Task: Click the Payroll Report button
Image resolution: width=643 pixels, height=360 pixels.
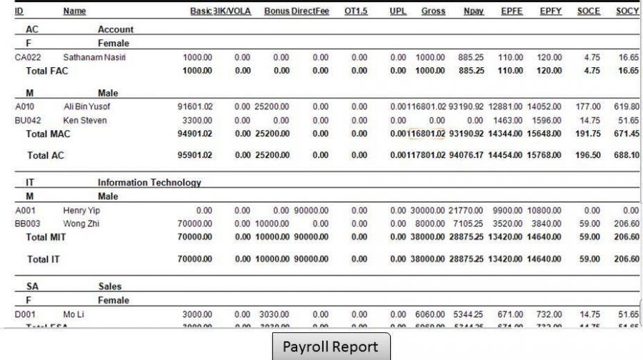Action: (331, 346)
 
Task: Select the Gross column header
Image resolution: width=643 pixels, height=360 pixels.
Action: (433, 11)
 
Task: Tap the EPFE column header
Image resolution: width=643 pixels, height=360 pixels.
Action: (512, 11)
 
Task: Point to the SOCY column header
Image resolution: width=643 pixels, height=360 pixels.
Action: (627, 11)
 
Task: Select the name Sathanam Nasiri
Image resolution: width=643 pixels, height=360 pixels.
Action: (94, 57)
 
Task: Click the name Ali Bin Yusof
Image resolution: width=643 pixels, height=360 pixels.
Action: (87, 106)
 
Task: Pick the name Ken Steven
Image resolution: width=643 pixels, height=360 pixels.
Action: (85, 120)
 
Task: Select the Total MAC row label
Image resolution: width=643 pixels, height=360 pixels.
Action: (49, 134)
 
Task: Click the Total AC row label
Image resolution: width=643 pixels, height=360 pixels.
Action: (46, 155)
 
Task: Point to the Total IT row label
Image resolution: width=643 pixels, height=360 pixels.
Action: (43, 259)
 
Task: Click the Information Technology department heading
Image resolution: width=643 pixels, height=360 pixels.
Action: (149, 183)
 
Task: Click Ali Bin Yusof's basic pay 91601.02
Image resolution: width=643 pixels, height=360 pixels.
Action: (195, 106)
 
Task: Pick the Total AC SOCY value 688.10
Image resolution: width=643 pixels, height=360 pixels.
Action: (627, 155)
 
